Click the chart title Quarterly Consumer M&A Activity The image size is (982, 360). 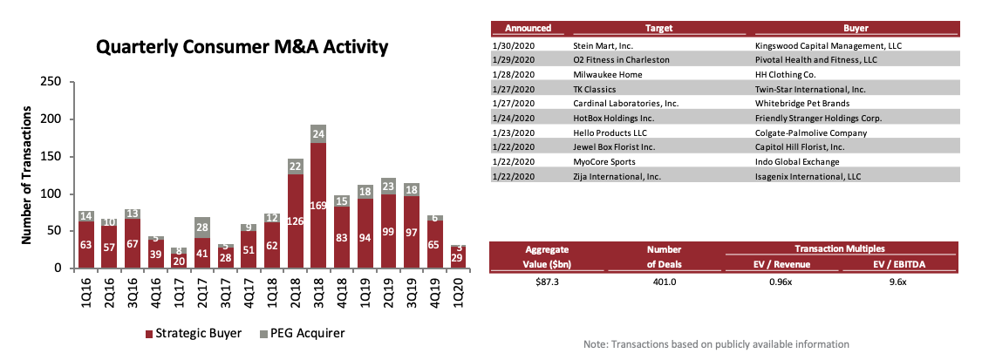242,47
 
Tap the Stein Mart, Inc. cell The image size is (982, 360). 601,44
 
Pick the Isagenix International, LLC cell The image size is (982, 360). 807,177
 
